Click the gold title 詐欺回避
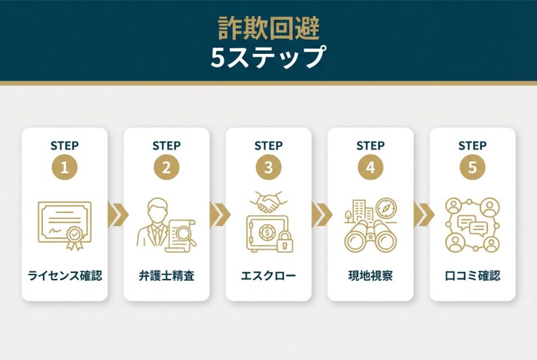[x=268, y=28]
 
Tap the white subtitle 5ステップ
[x=268, y=57]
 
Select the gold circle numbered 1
[x=64, y=167]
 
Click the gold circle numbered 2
[x=167, y=167]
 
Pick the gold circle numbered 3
[x=268, y=167]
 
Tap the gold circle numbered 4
[x=370, y=167]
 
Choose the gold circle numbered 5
[x=473, y=167]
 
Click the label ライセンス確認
[x=65, y=276]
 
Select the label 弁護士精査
[x=167, y=276]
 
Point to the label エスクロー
[x=268, y=276]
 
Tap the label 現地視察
[x=370, y=276]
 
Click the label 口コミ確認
[x=473, y=276]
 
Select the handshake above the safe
[x=269, y=202]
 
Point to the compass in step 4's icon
[x=386, y=208]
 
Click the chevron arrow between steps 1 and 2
[x=118, y=215]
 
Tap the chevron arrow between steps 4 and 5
[x=424, y=215]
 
